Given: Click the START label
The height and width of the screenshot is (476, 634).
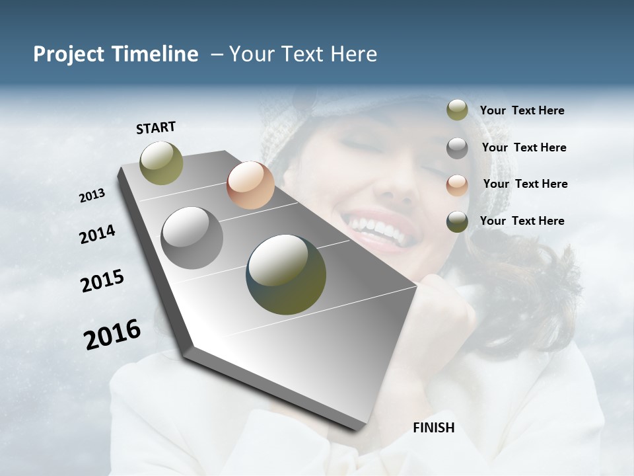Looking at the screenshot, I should (156, 128).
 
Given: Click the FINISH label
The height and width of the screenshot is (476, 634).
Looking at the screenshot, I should (434, 428).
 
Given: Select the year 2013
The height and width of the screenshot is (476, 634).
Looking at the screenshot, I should (92, 195).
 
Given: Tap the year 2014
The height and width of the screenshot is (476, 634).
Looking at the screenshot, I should (97, 235).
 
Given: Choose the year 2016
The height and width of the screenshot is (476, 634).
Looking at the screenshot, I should (112, 334).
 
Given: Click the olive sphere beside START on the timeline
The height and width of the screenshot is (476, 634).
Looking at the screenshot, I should (162, 163).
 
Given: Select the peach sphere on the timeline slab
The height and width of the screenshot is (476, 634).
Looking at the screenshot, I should (250, 185).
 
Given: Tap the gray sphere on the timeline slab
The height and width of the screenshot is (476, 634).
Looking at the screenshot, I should (192, 238).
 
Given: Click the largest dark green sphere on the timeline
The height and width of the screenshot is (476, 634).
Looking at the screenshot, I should (286, 274).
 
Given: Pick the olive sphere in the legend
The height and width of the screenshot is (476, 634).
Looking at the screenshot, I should (457, 110).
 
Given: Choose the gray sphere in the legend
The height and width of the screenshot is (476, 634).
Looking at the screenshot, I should (457, 147).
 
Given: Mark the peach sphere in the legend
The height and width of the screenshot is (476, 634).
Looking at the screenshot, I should (457, 184).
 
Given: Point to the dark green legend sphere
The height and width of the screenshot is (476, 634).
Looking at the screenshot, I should (457, 221).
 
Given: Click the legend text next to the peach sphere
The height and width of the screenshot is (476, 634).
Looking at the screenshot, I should (525, 184).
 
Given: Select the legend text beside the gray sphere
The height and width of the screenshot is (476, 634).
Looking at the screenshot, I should (524, 147).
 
